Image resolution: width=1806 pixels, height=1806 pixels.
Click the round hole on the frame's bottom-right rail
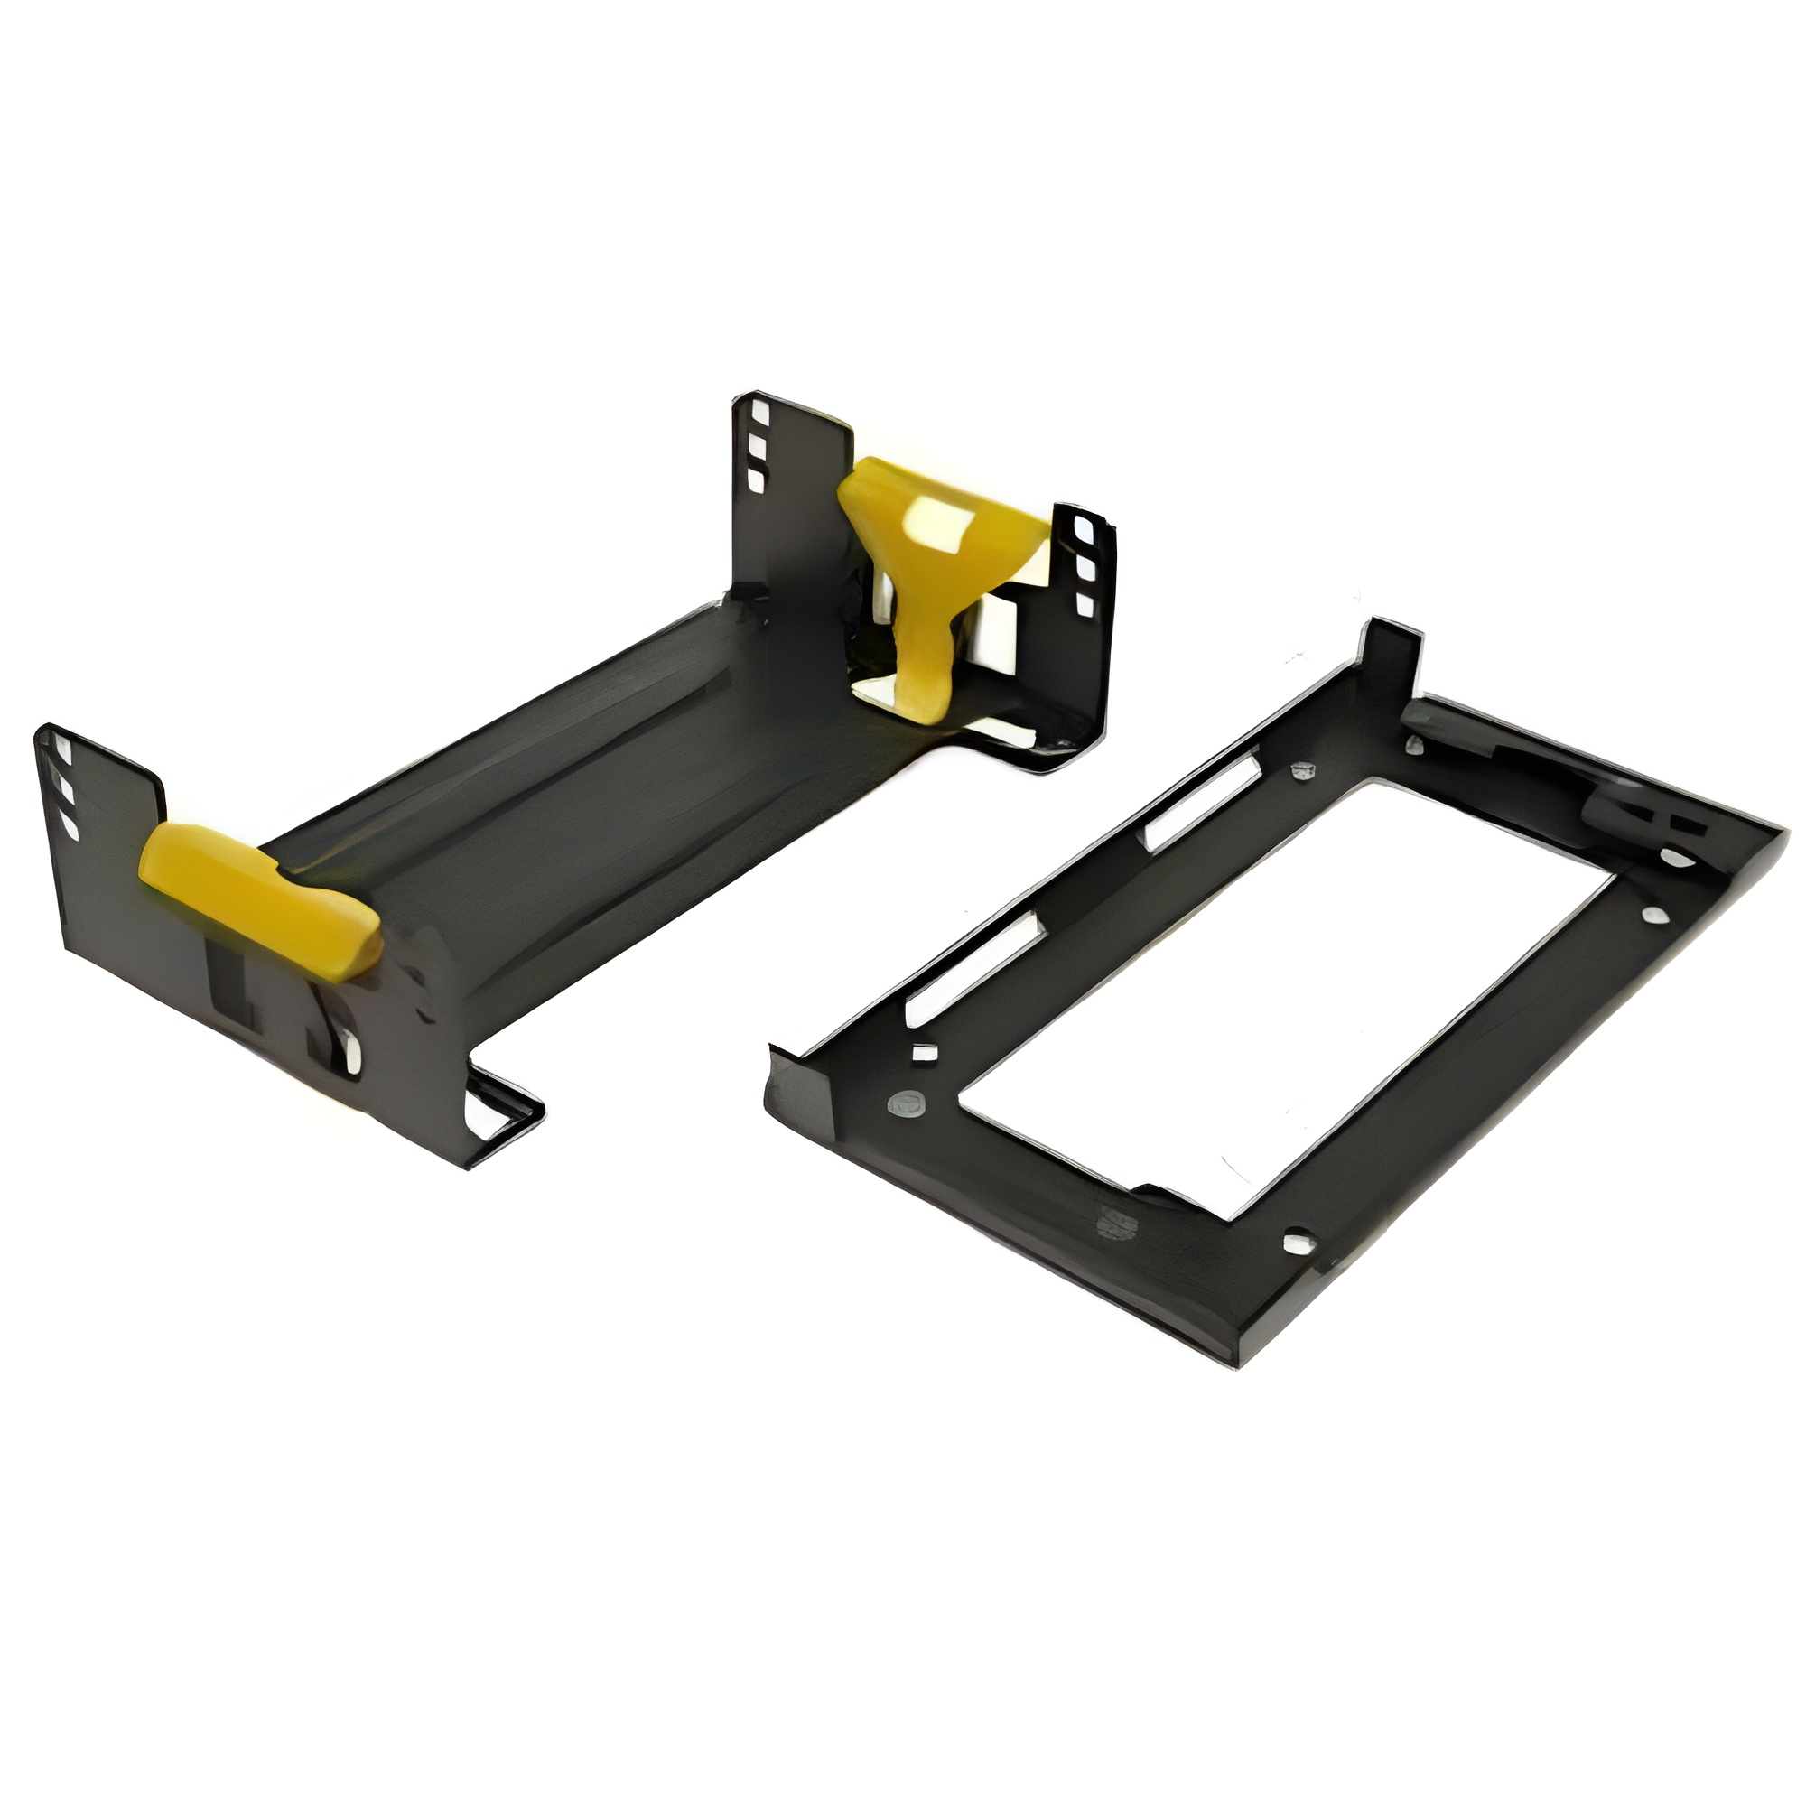(x=1294, y=1243)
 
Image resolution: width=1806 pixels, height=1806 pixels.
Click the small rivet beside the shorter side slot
(x=1300, y=770)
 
